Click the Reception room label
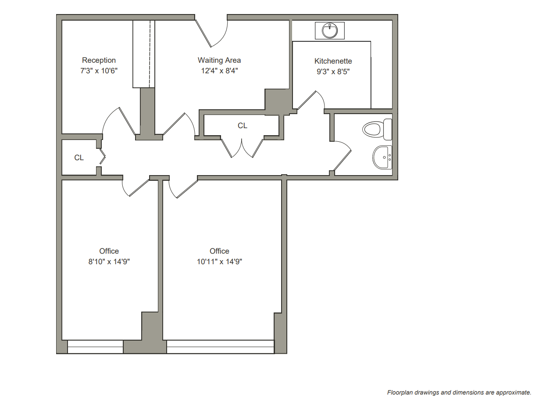[99, 60]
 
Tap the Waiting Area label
[219, 60]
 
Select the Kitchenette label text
[333, 61]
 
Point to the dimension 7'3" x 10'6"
[99, 71]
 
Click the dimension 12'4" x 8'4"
[220, 71]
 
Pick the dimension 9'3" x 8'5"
[333, 72]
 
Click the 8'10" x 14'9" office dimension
[109, 262]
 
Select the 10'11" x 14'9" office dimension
[219, 262]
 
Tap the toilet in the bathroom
[377, 129]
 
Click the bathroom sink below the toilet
[382, 157]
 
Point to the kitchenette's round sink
[329, 31]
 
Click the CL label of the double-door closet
[243, 126]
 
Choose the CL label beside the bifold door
[79, 158]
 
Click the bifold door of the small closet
[103, 157]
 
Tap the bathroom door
[342, 156]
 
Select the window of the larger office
[220, 347]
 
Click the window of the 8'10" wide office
[95, 347]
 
